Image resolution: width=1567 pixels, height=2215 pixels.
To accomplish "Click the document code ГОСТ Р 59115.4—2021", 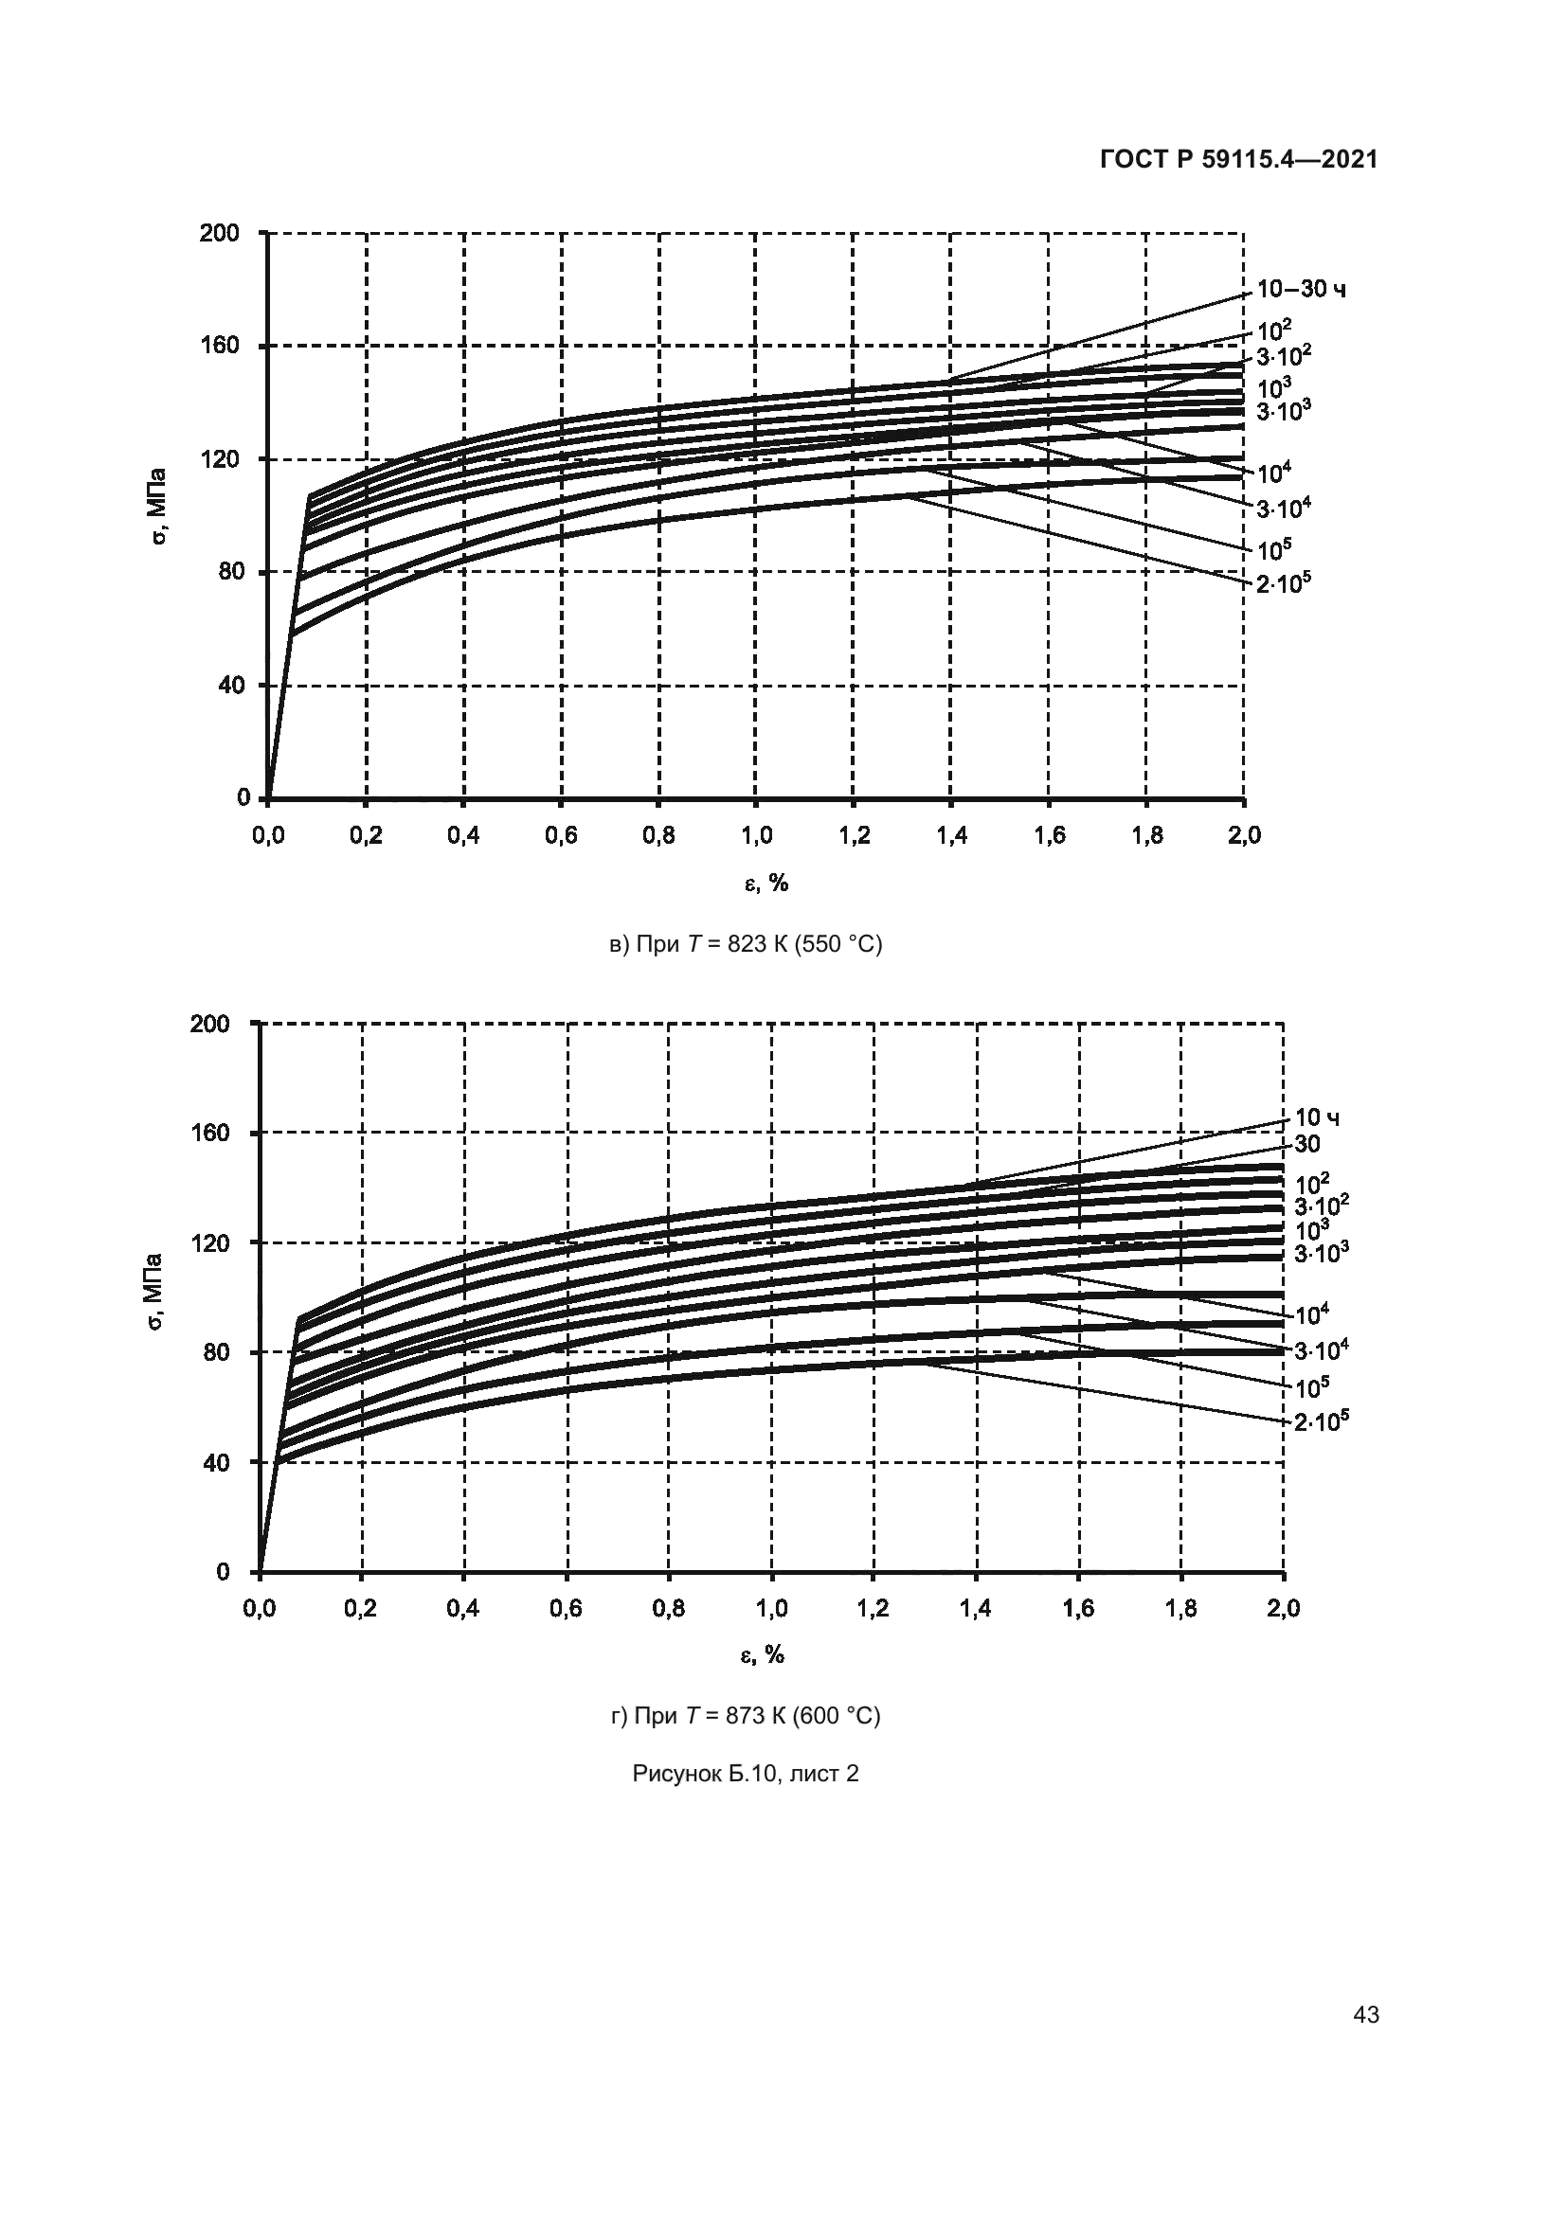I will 1239,159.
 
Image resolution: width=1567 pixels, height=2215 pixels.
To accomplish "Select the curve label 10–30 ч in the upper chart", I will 1302,290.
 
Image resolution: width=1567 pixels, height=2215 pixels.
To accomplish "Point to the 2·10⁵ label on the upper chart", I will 1284,582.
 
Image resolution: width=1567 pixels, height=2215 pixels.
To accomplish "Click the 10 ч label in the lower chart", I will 1316,1117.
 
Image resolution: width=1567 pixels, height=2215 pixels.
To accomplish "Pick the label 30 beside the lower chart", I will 1306,1144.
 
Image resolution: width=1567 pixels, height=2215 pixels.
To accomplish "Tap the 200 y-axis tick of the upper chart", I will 219,233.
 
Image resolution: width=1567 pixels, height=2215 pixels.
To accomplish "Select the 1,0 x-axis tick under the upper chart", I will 755,835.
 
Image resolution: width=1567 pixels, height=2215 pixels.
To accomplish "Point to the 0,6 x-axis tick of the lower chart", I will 566,1608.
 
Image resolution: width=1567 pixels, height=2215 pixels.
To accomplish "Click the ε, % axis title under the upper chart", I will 766,883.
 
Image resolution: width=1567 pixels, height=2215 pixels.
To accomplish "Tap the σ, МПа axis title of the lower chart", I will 153,1293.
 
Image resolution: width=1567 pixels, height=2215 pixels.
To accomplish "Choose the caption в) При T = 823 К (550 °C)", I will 746,944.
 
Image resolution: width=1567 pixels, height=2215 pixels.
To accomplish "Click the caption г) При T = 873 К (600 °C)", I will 746,1716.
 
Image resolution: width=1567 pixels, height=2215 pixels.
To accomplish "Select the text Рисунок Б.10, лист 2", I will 746,1773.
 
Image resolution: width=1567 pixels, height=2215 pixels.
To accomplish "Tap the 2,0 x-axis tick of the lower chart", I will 1283,1608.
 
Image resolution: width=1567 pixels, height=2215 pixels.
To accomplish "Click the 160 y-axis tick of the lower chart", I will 211,1132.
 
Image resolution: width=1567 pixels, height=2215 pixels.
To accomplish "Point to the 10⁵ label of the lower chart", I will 1312,1387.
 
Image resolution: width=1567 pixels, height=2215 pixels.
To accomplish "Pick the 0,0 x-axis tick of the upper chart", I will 268,835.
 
